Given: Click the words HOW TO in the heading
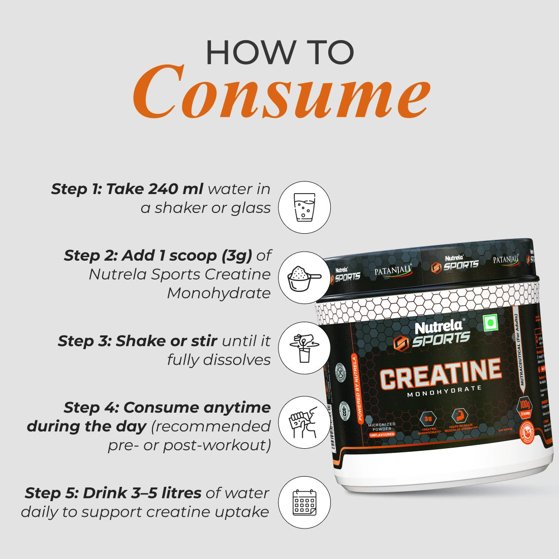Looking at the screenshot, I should tap(280, 52).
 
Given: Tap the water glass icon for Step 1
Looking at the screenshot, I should tap(304, 207).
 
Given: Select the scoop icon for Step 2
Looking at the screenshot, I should tap(304, 277).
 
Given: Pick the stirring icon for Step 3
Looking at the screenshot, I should tap(304, 348).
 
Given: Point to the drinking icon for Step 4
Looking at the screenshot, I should tap(304, 422).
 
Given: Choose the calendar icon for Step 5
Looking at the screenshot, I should tap(304, 502).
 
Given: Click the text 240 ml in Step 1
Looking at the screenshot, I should tap(176, 189).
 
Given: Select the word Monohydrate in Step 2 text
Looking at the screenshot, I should tap(219, 293).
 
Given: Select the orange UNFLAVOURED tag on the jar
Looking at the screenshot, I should tap(382, 434).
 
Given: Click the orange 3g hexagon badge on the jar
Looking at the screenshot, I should tap(428, 419).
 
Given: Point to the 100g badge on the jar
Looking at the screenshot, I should tap(524, 407).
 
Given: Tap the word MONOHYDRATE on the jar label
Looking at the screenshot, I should tap(444, 389).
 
